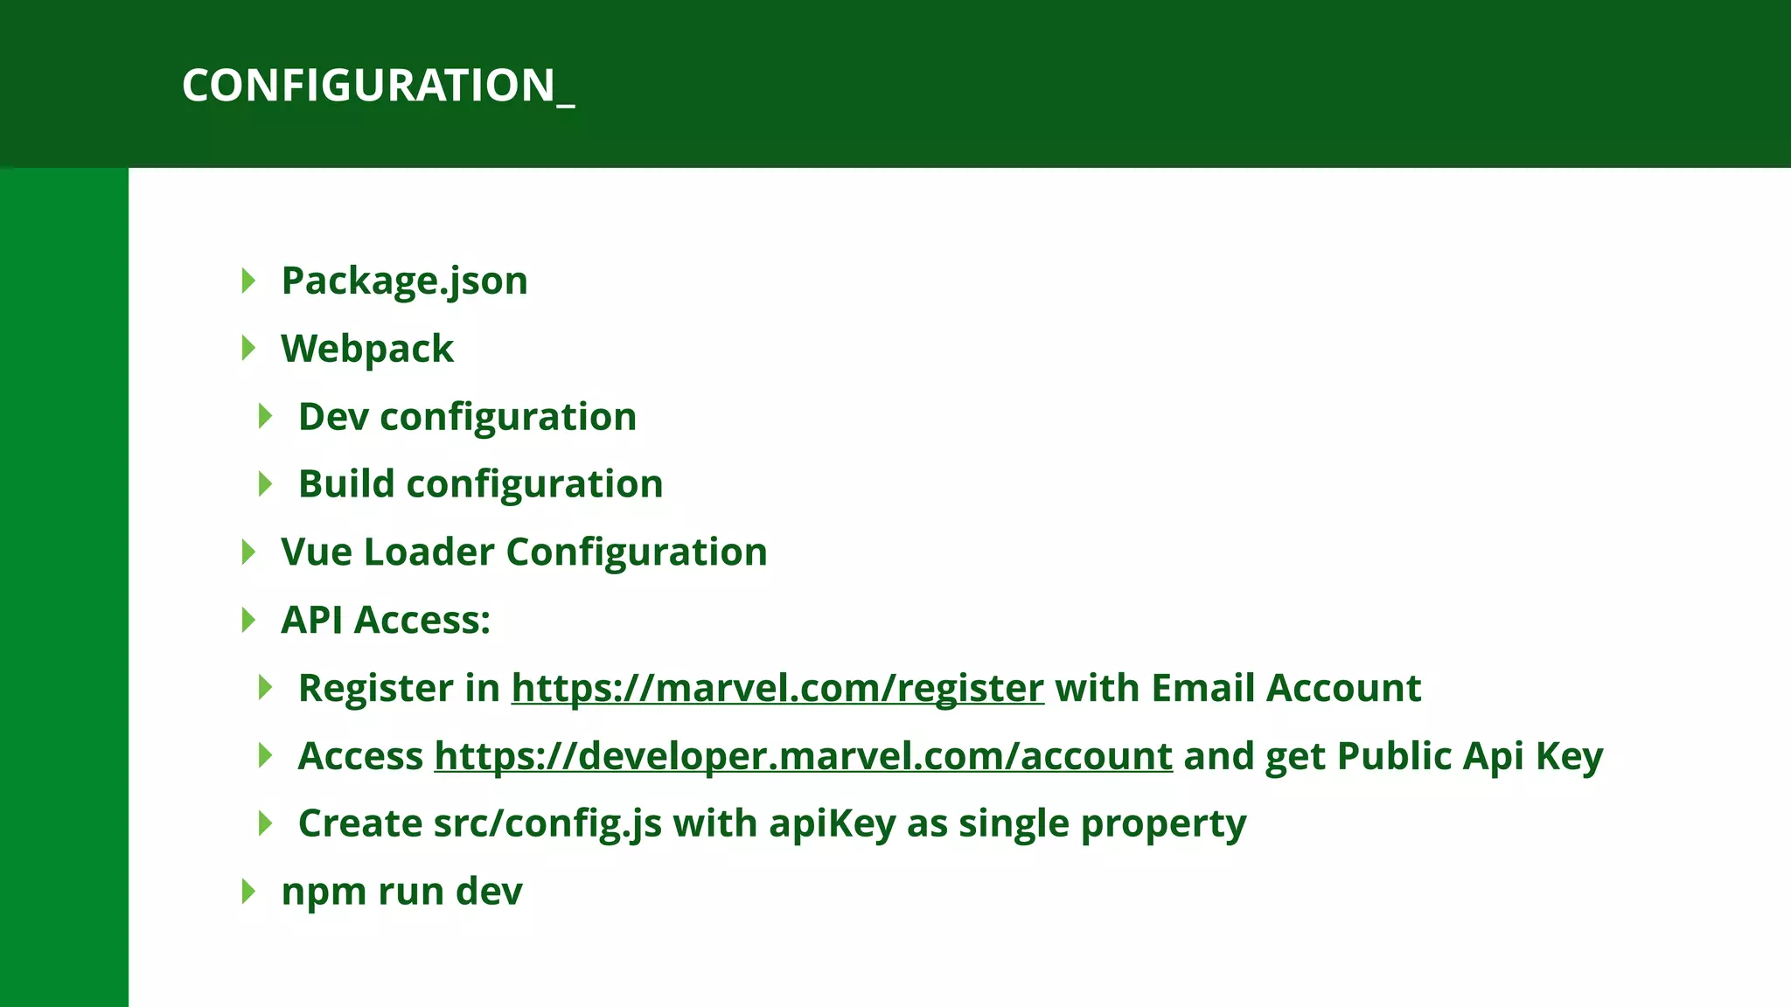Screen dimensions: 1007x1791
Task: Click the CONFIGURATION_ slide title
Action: tap(377, 86)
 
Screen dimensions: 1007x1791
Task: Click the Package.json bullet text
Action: tap(404, 281)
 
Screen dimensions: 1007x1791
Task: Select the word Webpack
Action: tap(367, 350)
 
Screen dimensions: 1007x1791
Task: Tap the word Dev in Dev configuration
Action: tap(333, 417)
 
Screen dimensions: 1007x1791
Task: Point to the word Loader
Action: tap(429, 552)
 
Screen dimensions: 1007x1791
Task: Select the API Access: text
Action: tap(386, 621)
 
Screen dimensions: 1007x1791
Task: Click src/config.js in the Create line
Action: tap(547, 824)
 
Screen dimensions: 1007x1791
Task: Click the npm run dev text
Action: tap(401, 892)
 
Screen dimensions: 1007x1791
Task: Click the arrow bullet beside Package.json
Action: tap(248, 281)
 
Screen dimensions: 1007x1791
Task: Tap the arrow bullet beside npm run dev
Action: tap(248, 892)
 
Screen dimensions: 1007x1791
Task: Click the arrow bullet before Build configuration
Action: tap(266, 484)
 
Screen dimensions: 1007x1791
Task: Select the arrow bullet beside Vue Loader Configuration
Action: tap(248, 552)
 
